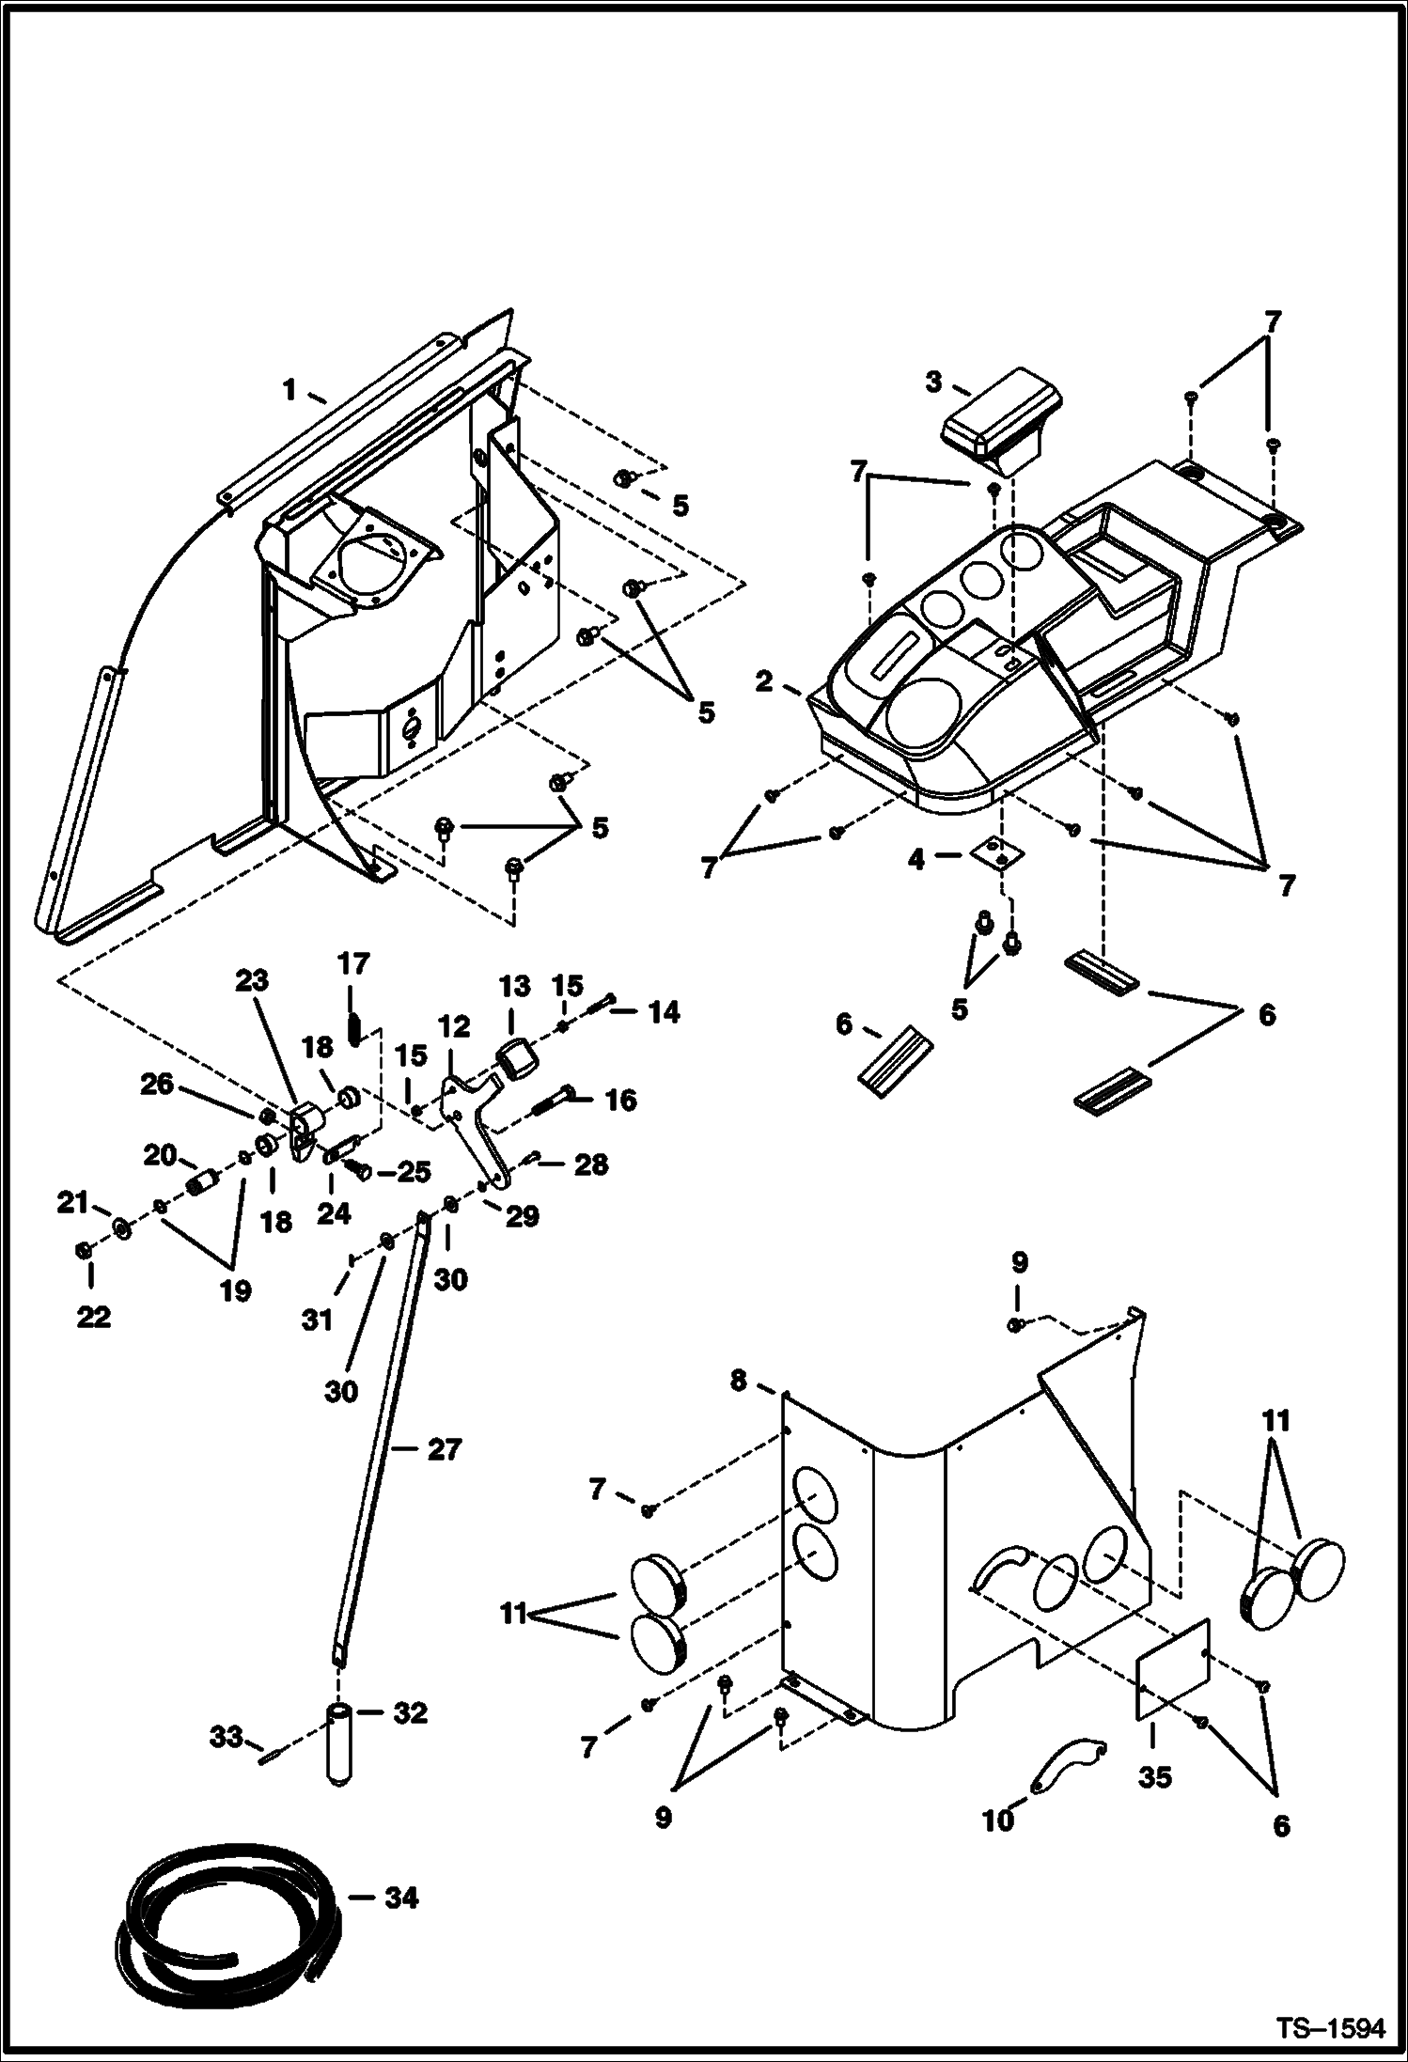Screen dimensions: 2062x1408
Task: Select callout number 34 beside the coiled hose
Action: (x=400, y=1898)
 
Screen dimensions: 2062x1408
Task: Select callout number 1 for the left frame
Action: (x=289, y=388)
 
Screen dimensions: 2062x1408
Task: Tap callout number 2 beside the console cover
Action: (x=763, y=681)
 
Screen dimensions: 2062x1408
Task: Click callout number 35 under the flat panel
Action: (x=1154, y=1778)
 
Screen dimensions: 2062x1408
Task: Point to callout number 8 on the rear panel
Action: (x=739, y=1381)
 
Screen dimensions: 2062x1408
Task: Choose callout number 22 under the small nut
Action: (x=92, y=1317)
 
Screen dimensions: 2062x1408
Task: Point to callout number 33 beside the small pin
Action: (x=227, y=1738)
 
